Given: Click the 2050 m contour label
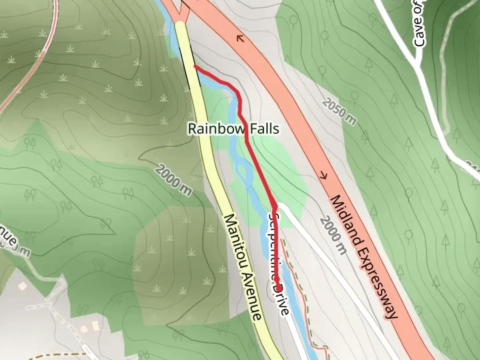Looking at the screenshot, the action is tap(339, 112).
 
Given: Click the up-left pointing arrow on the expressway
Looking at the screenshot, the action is tap(240, 39).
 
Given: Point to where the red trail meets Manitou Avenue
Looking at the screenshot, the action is tap(195, 66).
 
